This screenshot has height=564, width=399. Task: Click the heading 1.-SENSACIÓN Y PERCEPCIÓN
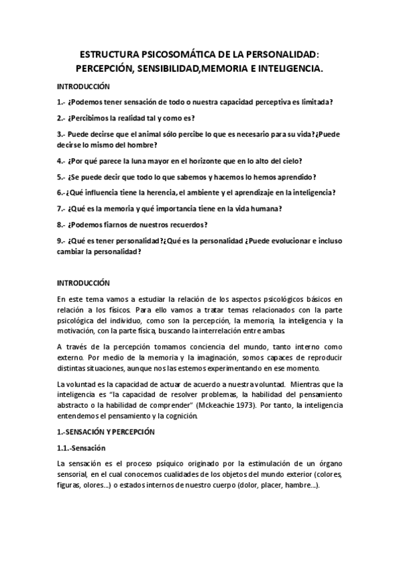(106, 432)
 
